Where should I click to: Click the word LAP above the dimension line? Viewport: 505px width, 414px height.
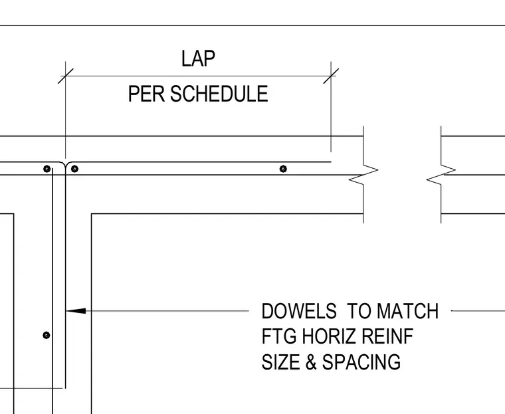[198, 58]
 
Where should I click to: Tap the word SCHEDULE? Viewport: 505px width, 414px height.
[219, 94]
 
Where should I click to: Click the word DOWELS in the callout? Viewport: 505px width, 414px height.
[299, 311]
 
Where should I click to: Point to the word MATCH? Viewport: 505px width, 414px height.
[407, 311]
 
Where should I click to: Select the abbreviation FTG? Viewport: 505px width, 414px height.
[279, 336]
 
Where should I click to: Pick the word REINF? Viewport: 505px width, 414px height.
[387, 336]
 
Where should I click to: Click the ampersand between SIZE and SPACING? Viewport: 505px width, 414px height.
[311, 362]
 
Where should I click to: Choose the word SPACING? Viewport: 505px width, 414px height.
[361, 362]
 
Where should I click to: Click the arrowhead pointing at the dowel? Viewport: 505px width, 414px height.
[76, 311]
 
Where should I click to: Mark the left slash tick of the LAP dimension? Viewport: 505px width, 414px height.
[66, 76]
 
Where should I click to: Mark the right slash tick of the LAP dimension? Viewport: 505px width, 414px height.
[331, 76]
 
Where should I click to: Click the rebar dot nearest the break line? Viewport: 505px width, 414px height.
[283, 169]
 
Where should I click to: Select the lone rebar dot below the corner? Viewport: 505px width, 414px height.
[47, 336]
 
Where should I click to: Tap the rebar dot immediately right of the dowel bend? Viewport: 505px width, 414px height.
[74, 169]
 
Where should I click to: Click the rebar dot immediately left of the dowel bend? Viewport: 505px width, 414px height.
[47, 169]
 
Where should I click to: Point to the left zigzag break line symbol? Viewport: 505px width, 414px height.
[363, 175]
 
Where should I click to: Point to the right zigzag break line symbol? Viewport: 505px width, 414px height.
[441, 175]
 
